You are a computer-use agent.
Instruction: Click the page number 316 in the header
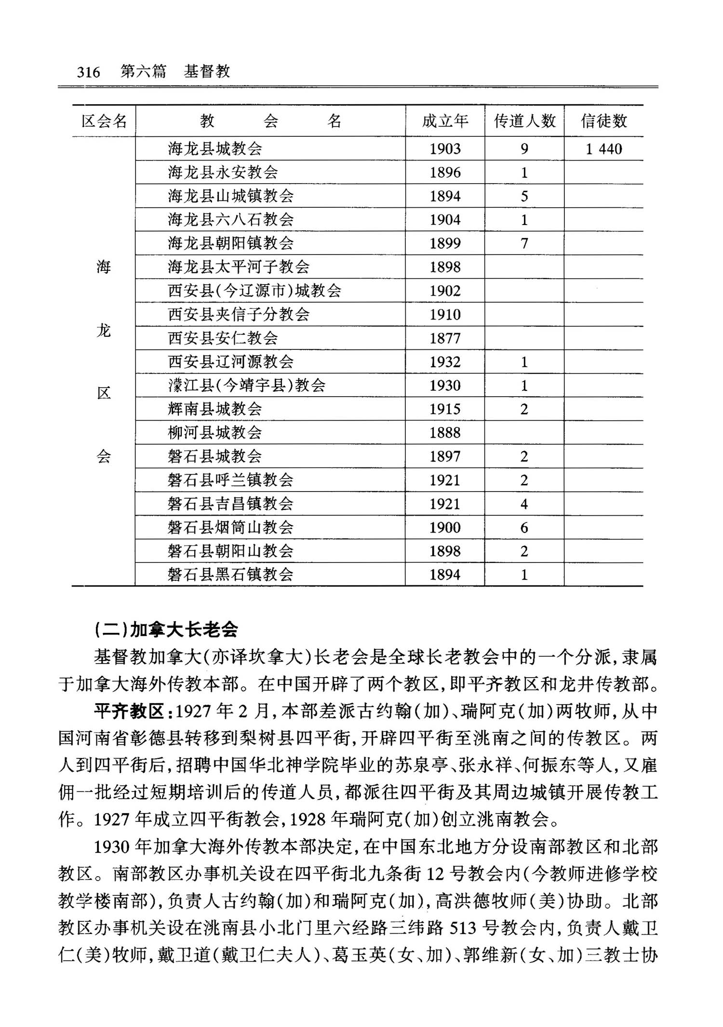point(89,72)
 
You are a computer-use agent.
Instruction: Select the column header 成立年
point(445,121)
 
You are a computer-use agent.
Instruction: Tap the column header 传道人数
point(524,121)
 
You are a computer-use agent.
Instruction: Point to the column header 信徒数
point(603,121)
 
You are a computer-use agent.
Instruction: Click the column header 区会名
point(104,121)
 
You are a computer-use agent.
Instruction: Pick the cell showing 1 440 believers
point(603,149)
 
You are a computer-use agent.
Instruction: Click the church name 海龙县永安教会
point(223,173)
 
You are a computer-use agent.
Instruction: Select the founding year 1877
point(445,338)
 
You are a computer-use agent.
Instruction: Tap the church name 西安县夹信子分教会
point(239,315)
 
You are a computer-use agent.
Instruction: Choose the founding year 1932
point(445,362)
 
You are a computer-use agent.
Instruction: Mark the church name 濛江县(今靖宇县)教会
point(246,386)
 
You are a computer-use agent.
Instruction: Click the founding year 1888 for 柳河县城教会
point(445,433)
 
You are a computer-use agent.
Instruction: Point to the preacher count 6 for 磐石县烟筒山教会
point(524,528)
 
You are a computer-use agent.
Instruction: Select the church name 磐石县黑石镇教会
point(230,574)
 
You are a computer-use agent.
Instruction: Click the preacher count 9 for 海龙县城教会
point(524,149)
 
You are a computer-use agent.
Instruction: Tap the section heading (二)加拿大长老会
point(166,629)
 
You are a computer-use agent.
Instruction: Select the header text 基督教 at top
point(207,72)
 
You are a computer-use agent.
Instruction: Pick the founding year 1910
point(445,315)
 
